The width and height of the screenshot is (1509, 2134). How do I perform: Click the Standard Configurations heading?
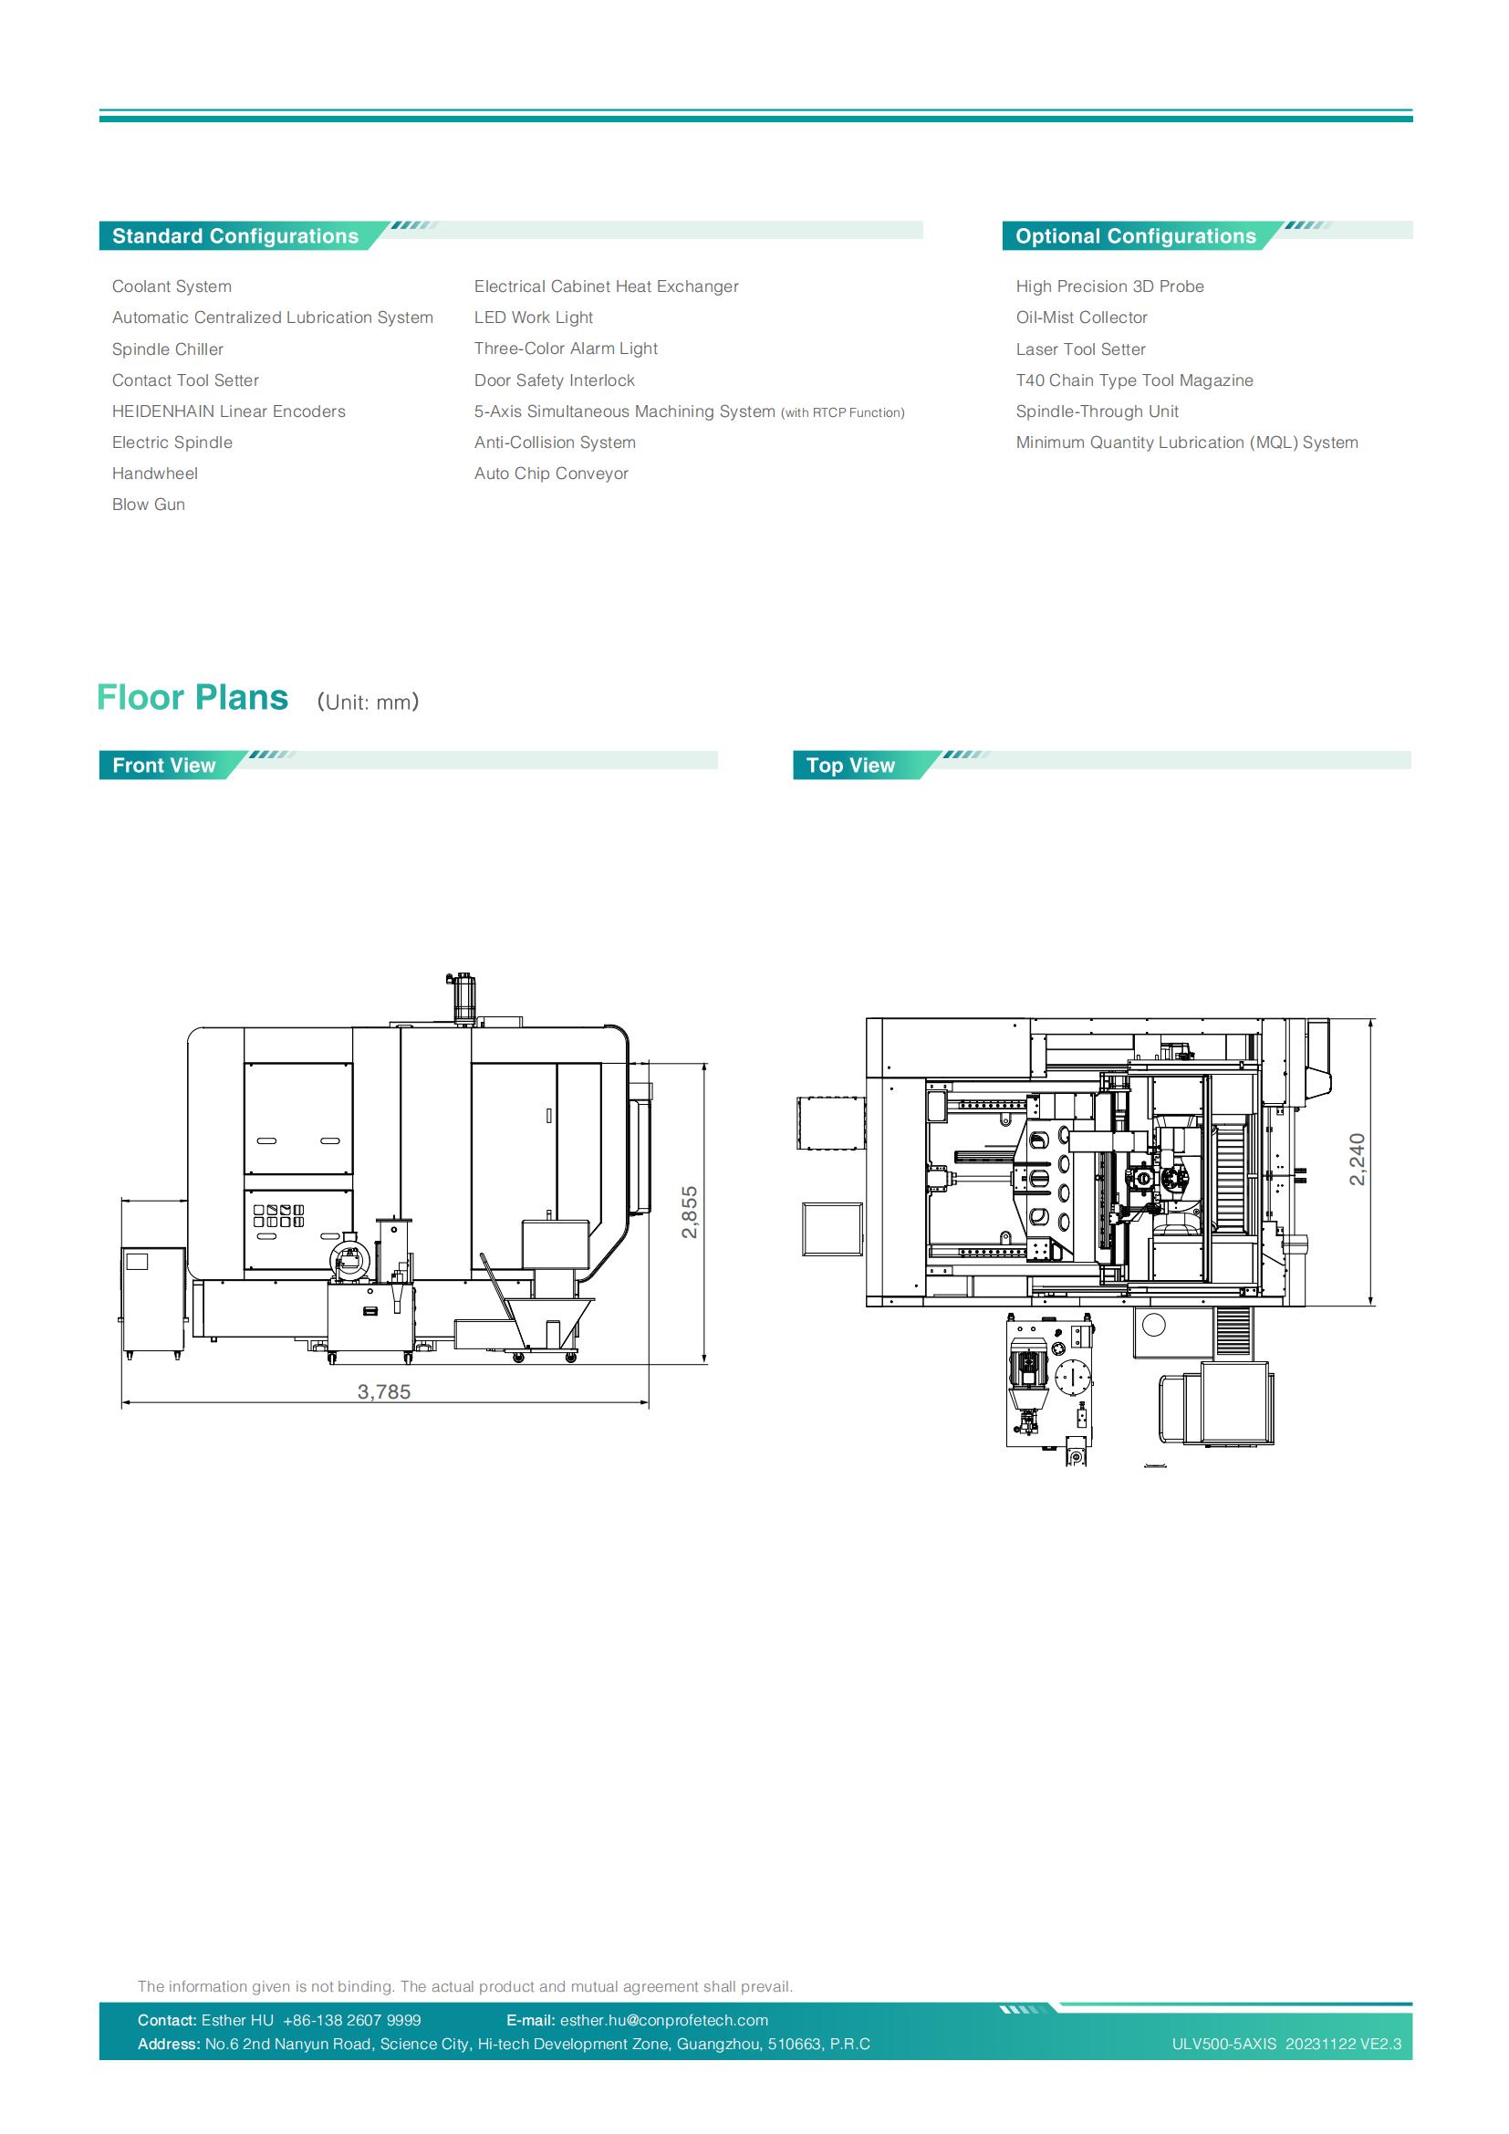[x=235, y=236]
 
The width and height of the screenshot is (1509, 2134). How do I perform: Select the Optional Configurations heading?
[x=1136, y=236]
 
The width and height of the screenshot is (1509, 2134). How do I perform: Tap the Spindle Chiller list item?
[x=167, y=349]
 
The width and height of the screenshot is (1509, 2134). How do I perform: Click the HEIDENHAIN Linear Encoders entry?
[x=229, y=411]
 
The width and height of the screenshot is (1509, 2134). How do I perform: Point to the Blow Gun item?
[x=149, y=505]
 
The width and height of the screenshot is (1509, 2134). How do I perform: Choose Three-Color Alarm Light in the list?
[x=566, y=349]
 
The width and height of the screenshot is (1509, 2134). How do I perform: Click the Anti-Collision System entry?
[x=555, y=442]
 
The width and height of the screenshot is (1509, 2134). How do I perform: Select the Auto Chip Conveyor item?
[x=551, y=474]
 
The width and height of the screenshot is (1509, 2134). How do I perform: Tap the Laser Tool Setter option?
[x=1080, y=349]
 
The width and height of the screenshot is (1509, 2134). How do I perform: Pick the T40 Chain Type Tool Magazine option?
[x=1135, y=380]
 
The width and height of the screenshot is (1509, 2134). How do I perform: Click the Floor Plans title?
[x=193, y=698]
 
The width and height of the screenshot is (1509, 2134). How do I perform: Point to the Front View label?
[x=163, y=765]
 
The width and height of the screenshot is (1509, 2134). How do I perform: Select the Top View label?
[x=850, y=765]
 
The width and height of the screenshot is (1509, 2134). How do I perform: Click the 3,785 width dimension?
[x=384, y=1391]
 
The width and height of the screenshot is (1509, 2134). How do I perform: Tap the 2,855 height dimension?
[x=689, y=1212]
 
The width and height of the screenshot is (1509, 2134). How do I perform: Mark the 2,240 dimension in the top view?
[x=1358, y=1159]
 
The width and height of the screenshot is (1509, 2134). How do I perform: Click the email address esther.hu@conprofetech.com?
[x=664, y=2021]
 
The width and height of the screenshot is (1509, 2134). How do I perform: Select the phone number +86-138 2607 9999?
[x=351, y=2021]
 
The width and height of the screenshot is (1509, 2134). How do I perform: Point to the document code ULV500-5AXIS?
[x=1224, y=2045]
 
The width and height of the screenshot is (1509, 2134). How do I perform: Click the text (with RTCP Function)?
[x=843, y=412]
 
